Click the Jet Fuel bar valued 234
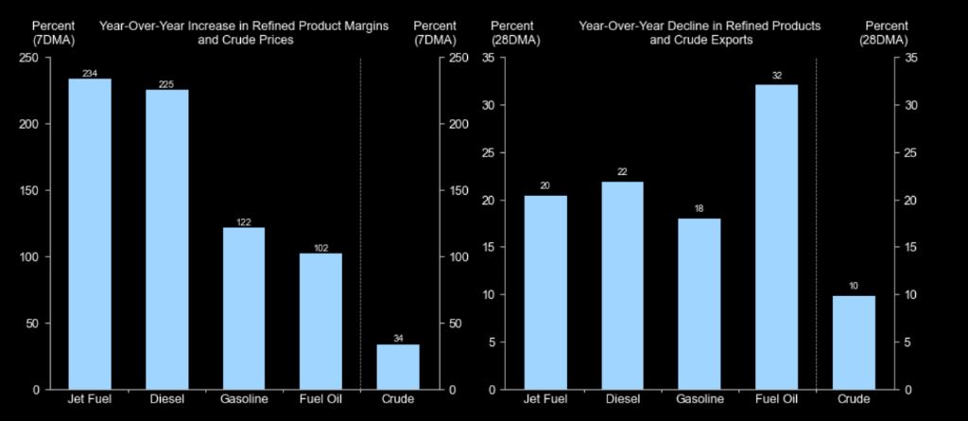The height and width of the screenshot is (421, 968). pyautogui.click(x=90, y=234)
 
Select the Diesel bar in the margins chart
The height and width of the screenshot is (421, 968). pyautogui.click(x=166, y=240)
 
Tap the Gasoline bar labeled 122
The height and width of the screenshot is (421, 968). pyautogui.click(x=244, y=308)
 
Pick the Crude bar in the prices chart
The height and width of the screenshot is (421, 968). pyautogui.click(x=398, y=366)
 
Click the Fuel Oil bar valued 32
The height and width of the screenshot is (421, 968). pyautogui.click(x=777, y=237)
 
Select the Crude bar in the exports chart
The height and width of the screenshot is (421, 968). pyautogui.click(x=854, y=342)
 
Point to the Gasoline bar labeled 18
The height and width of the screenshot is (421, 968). pyautogui.click(x=700, y=304)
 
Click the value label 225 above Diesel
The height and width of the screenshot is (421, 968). pyautogui.click(x=166, y=85)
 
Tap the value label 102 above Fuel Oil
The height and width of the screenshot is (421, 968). pyautogui.click(x=321, y=249)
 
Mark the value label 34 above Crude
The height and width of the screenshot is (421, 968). pyautogui.click(x=398, y=339)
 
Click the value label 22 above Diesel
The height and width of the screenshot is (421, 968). pyautogui.click(x=622, y=172)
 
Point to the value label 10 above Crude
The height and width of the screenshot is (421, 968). pyautogui.click(x=854, y=287)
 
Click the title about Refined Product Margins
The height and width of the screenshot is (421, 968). pyautogui.click(x=245, y=33)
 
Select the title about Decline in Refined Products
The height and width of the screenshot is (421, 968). pyautogui.click(x=700, y=33)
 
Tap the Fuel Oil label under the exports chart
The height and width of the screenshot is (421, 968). pyautogui.click(x=777, y=399)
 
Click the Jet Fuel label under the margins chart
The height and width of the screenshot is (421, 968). pyautogui.click(x=90, y=399)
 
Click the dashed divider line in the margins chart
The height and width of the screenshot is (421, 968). pyautogui.click(x=360, y=224)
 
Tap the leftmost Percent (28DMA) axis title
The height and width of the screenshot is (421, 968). pyautogui.click(x=515, y=33)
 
